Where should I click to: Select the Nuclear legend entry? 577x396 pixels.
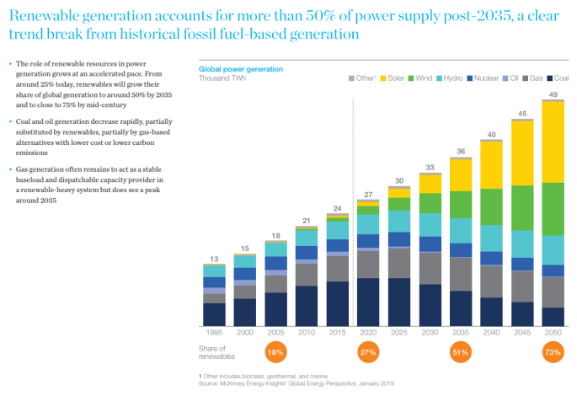click(x=484, y=78)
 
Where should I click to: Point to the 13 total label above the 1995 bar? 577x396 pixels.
click(x=214, y=259)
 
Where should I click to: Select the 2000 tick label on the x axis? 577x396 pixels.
click(x=244, y=333)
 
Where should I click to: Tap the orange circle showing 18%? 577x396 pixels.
click(x=275, y=353)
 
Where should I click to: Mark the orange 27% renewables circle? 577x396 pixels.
click(x=366, y=353)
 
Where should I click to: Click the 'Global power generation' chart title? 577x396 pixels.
click(x=240, y=69)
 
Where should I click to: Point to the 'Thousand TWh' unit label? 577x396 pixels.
click(x=223, y=78)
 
